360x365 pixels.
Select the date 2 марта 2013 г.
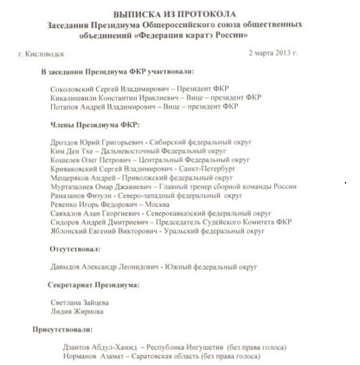(x=273, y=53)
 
